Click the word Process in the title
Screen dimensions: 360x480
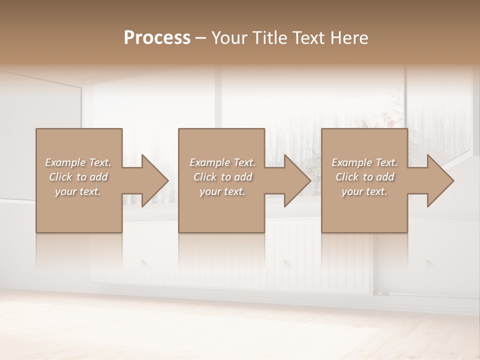coord(157,38)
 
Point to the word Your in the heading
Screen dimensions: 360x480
coord(229,38)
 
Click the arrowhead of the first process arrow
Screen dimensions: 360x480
coord(155,180)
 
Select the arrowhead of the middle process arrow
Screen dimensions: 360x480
coord(297,180)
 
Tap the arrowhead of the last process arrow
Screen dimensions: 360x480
coord(440,180)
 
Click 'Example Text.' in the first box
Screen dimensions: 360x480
coord(78,162)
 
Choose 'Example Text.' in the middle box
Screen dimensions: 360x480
coord(222,162)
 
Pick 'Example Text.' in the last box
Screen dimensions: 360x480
coord(364,162)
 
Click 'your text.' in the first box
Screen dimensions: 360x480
coord(78,191)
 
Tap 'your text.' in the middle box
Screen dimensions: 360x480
coord(222,191)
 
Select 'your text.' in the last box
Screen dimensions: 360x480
coord(364,191)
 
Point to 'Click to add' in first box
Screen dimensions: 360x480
coord(78,177)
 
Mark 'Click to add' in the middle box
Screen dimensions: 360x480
coord(222,177)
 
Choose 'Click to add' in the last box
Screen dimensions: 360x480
coord(364,177)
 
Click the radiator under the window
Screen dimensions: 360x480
coord(300,260)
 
